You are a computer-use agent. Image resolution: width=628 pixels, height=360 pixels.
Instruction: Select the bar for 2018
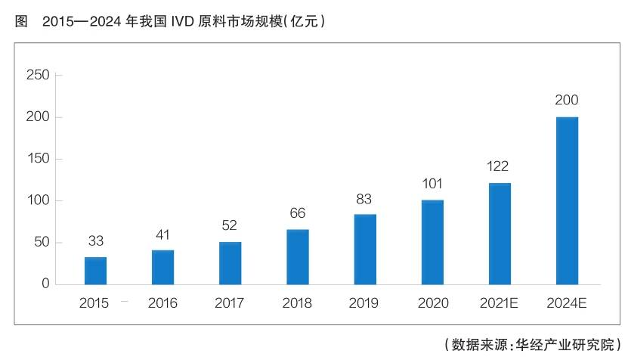(298, 256)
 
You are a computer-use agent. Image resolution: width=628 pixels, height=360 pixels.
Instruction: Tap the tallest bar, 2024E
(567, 200)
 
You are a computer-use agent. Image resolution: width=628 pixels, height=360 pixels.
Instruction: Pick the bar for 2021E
(500, 233)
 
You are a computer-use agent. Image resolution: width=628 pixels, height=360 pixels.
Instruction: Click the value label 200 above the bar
(567, 101)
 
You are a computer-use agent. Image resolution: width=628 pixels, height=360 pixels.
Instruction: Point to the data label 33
(95, 241)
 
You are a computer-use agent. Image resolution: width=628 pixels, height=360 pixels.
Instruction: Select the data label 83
(365, 200)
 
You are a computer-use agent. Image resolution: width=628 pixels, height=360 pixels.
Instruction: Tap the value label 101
(432, 184)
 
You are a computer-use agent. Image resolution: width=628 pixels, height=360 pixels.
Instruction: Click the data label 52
(230, 225)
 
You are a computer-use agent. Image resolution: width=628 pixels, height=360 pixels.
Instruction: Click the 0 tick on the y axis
(45, 284)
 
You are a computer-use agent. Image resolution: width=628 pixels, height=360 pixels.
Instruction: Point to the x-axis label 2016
(162, 303)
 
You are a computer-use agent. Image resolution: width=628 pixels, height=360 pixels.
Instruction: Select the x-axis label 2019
(365, 303)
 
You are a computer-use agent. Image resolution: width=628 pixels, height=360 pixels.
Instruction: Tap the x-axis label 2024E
(567, 303)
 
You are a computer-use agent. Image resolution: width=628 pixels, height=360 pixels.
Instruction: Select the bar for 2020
(432, 242)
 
